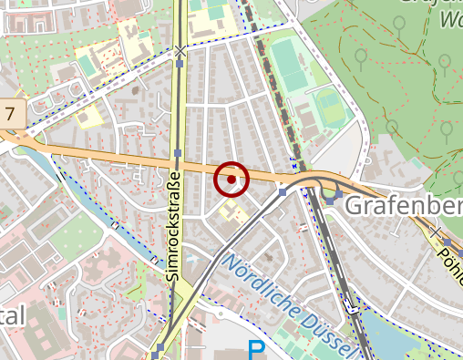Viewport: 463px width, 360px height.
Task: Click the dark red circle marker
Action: pyautogui.click(x=231, y=180)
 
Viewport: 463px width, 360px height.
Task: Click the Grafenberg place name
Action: pyautogui.click(x=401, y=207)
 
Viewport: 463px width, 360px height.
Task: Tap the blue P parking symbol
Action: pyautogui.click(x=257, y=350)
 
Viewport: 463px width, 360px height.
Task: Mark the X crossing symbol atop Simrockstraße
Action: pyautogui.click(x=181, y=51)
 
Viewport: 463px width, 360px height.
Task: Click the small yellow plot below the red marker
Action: pyautogui.click(x=232, y=213)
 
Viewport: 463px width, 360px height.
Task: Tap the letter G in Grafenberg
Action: pyautogui.click(x=353, y=207)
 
